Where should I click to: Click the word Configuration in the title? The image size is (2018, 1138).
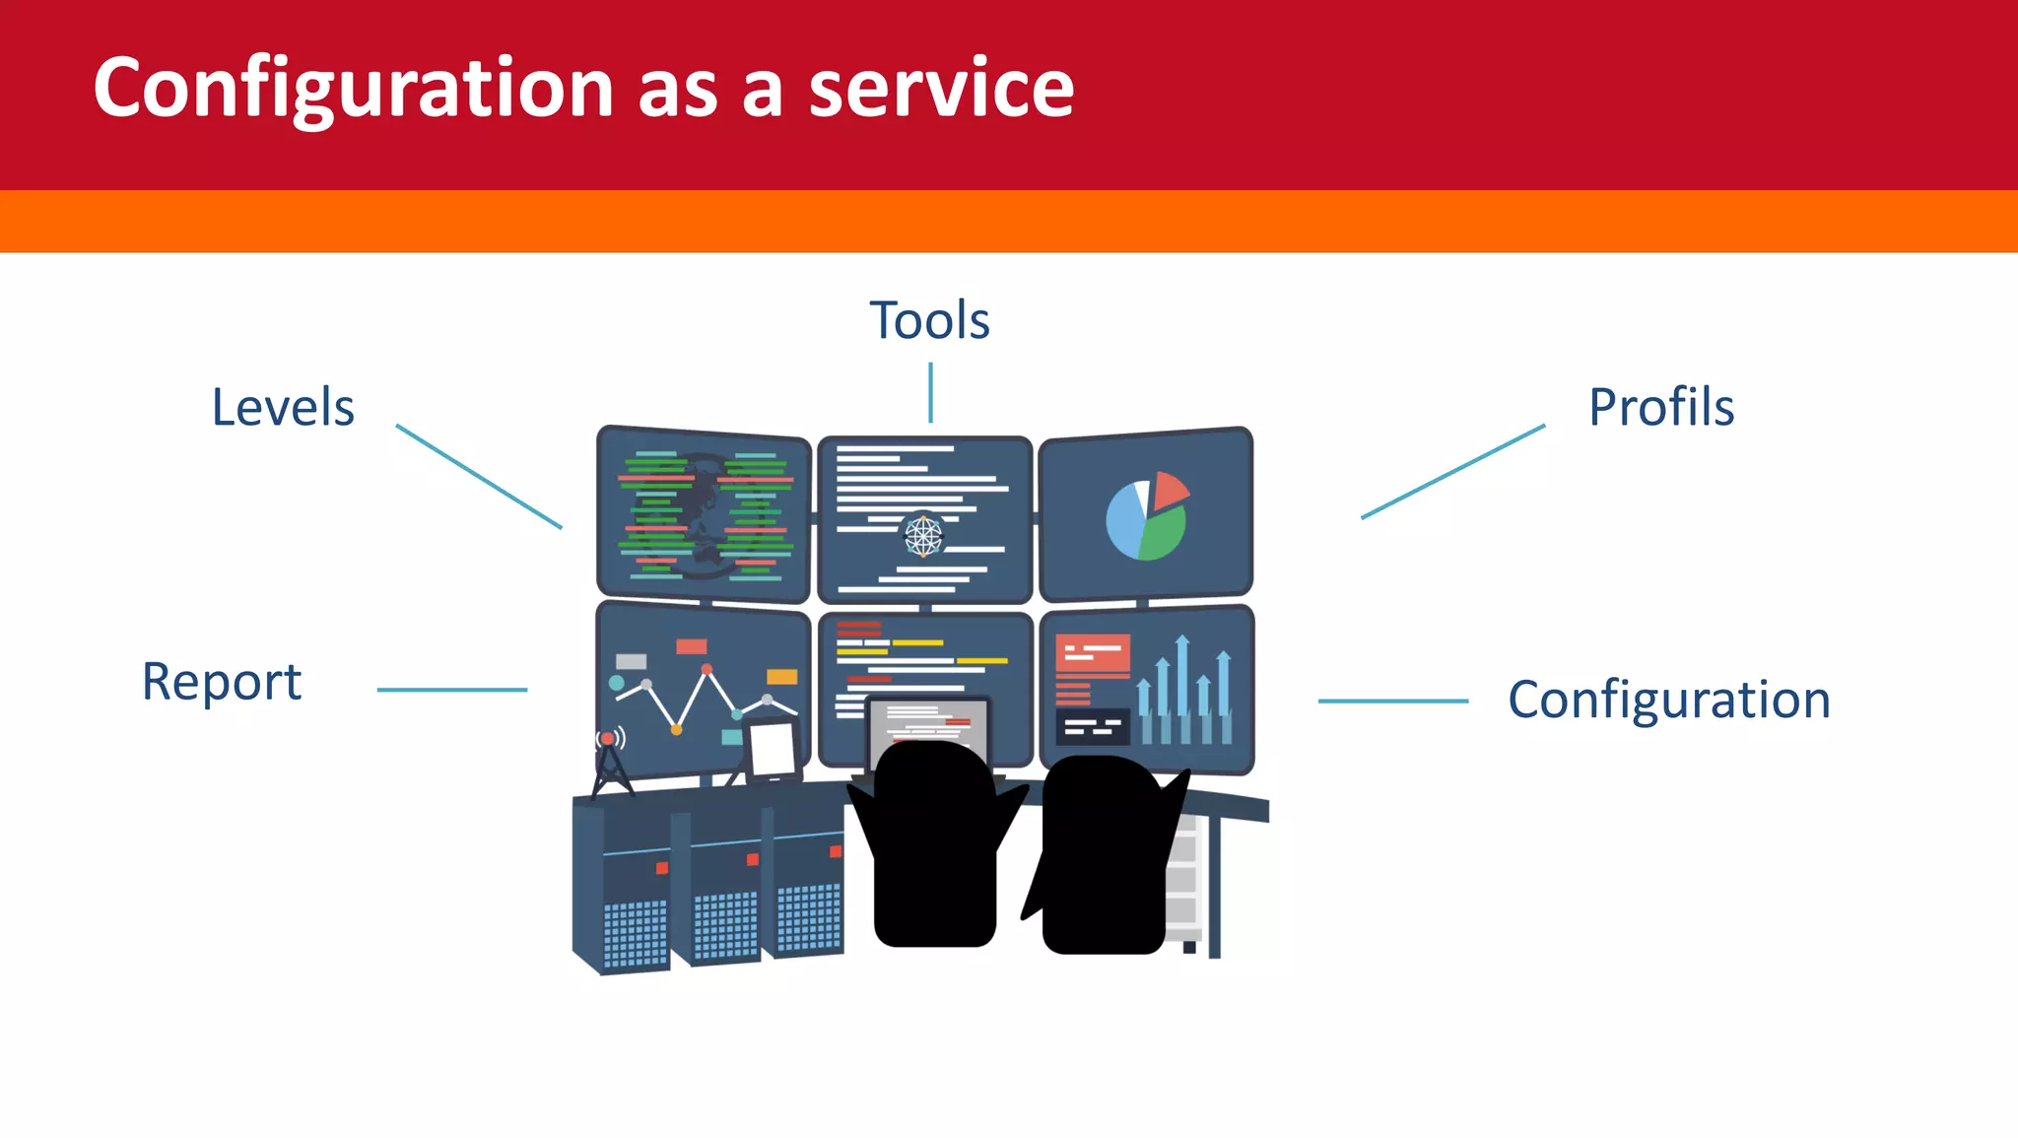click(355, 89)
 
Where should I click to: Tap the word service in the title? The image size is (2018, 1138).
click(941, 89)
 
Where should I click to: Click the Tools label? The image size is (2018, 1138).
click(929, 321)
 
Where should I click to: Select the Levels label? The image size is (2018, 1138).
click(283, 408)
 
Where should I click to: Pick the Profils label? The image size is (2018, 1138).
click(1661, 408)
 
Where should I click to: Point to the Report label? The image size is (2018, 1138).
click(222, 682)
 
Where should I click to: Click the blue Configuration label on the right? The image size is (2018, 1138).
click(1669, 701)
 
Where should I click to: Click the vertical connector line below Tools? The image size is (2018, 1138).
click(930, 392)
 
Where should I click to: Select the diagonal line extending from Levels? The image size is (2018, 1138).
click(479, 477)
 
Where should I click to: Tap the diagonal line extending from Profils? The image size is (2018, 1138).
click(1452, 472)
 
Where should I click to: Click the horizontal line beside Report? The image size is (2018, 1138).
click(452, 690)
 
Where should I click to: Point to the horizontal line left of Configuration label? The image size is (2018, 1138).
click(1393, 701)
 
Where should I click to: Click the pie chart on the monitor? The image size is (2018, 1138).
click(1145, 518)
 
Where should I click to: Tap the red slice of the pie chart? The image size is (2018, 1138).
click(1170, 489)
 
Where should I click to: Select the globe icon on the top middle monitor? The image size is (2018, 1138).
click(923, 536)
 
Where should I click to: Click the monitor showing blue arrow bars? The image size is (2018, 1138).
click(1147, 690)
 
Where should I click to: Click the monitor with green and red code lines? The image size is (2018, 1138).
click(704, 514)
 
